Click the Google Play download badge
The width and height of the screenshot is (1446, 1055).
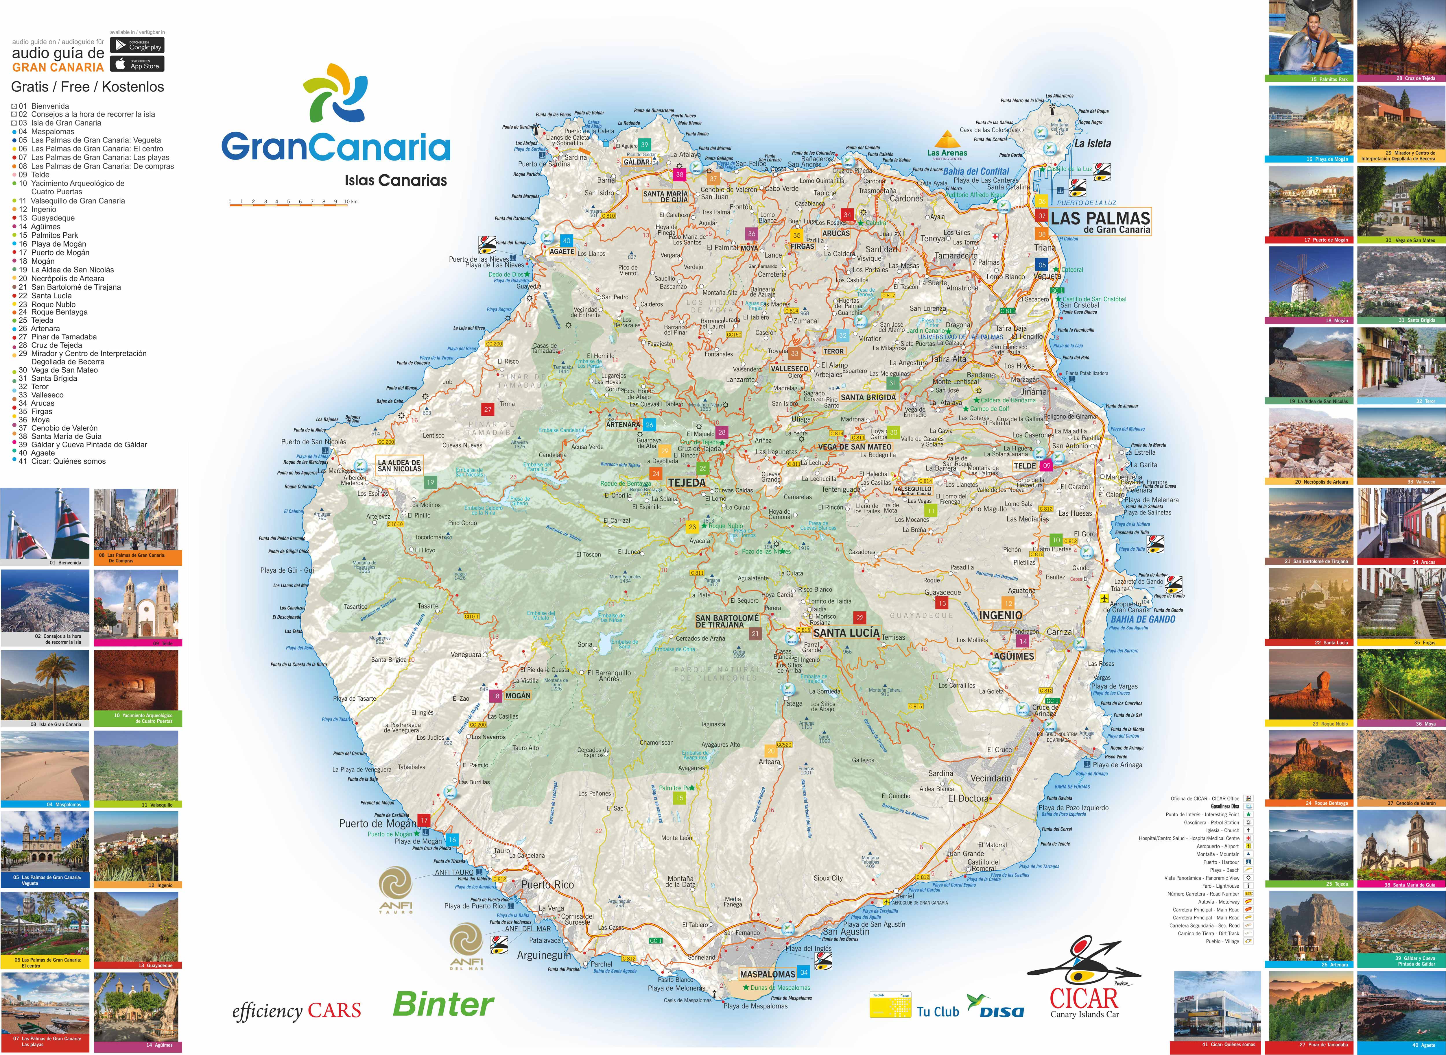tap(137, 45)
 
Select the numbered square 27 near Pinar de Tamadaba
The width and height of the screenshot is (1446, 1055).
tap(488, 409)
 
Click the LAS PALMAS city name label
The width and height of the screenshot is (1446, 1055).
tap(1100, 218)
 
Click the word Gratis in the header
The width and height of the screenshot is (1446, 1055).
tap(30, 87)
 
